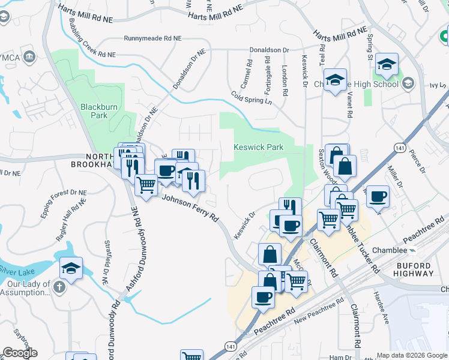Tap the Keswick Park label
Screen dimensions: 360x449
click(258, 147)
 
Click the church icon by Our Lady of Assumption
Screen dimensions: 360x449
click(59, 287)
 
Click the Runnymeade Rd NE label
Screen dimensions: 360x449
click(152, 38)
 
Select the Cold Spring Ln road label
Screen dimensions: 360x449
click(252, 97)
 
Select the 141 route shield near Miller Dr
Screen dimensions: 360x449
click(400, 146)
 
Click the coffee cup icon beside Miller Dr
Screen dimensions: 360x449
click(378, 197)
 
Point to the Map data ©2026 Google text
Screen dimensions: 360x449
click(412, 355)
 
